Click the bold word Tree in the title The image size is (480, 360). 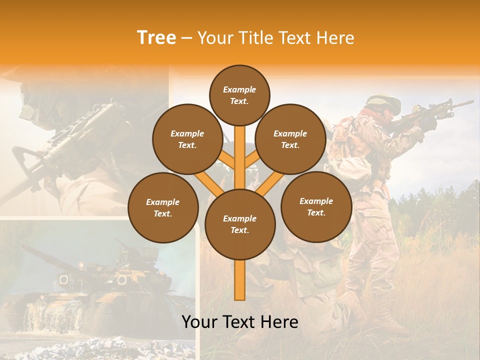156,37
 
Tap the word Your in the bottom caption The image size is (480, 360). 200,322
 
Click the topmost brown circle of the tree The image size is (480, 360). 239,95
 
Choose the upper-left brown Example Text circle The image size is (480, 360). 187,139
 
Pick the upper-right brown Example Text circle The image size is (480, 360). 290,139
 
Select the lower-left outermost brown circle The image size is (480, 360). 163,207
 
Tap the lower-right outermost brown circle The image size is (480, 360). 316,207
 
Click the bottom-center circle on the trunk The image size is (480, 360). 239,224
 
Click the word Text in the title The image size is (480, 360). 295,37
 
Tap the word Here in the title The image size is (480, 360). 334,37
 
